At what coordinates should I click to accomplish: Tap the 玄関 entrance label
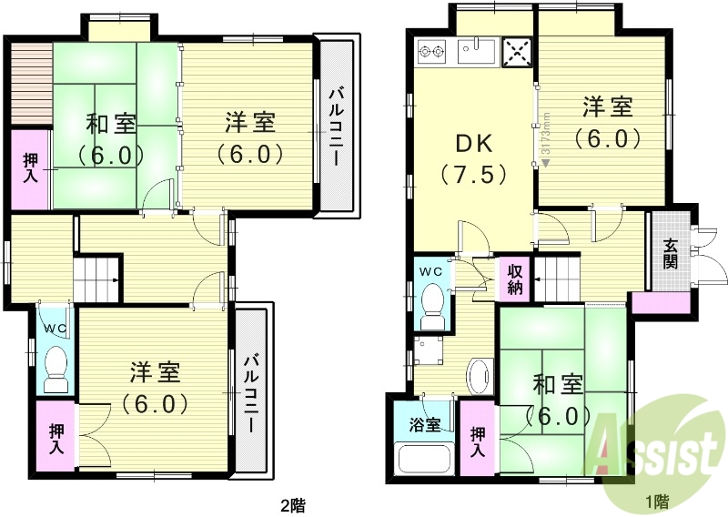click(671, 253)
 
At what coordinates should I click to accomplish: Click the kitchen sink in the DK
click(477, 53)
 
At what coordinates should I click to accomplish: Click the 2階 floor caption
click(292, 502)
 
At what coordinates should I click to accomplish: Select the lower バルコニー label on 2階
click(251, 391)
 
